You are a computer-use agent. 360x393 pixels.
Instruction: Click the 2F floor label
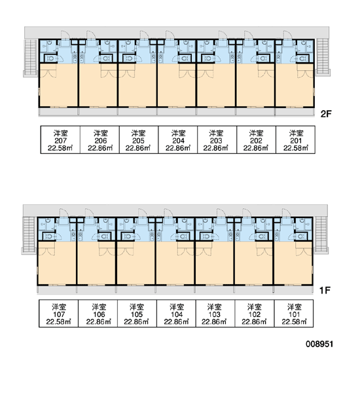(x=326, y=114)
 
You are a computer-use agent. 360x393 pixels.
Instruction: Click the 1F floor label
(x=325, y=290)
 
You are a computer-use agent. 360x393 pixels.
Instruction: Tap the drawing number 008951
(x=319, y=344)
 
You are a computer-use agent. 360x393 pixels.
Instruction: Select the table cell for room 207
(x=60, y=140)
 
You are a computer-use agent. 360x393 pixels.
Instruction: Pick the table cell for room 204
(x=178, y=140)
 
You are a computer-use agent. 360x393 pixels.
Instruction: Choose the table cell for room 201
(x=296, y=140)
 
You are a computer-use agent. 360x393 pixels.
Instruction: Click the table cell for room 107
(x=59, y=314)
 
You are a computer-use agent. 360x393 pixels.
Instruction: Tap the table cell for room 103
(x=215, y=314)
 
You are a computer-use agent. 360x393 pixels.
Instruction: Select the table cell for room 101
(x=294, y=314)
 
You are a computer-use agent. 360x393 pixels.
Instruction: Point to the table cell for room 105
(x=137, y=314)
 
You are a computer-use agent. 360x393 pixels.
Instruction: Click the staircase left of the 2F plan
(x=31, y=58)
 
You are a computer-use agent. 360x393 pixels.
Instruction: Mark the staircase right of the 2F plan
(x=323, y=56)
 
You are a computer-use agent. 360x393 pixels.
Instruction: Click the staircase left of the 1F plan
(x=29, y=235)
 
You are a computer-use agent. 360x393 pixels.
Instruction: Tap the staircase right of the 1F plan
(x=321, y=234)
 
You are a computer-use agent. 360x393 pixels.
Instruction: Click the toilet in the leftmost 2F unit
(x=51, y=58)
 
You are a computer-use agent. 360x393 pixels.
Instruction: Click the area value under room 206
(x=100, y=148)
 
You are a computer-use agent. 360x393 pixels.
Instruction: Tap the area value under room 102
(x=254, y=322)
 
